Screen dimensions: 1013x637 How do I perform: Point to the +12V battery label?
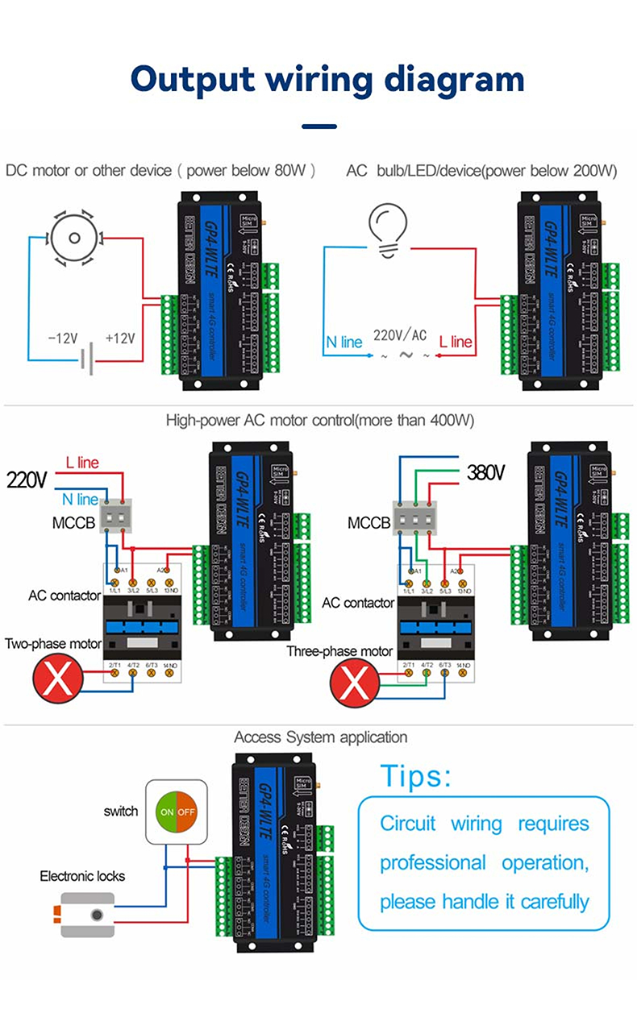point(121,338)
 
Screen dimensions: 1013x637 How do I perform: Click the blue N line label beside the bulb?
point(344,342)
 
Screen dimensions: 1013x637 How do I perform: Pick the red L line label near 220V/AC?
point(456,342)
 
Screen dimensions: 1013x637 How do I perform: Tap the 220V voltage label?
point(27,480)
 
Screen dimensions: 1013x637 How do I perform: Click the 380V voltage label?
point(485,472)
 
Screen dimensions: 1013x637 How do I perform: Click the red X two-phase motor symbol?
point(58,680)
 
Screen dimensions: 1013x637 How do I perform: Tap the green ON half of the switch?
point(165,812)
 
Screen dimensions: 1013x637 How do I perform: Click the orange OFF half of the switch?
point(187,812)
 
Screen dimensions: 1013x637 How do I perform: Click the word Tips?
point(416,776)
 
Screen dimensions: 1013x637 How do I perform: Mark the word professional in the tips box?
point(432,862)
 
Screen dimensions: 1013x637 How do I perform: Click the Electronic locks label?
point(83,876)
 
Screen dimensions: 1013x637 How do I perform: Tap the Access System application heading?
point(320,737)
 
